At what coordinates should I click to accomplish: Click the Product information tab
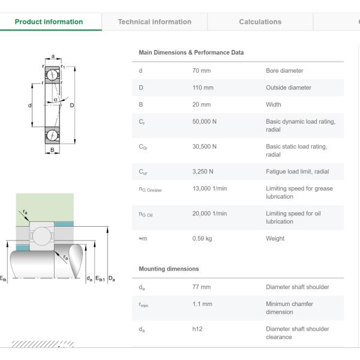click(49, 22)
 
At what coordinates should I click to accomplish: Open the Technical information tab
click(154, 22)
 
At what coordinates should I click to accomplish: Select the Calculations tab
click(260, 22)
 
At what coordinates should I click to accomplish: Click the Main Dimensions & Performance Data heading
click(191, 53)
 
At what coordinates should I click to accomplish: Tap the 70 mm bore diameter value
click(201, 71)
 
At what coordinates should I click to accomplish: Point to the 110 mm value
click(203, 88)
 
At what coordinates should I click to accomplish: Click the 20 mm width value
click(201, 104)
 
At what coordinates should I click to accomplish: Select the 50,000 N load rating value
click(205, 121)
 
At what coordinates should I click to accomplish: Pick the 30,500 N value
click(205, 146)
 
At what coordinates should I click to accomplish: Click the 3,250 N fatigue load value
click(203, 172)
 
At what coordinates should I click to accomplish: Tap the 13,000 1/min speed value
click(209, 188)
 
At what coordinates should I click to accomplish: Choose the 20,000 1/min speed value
click(209, 214)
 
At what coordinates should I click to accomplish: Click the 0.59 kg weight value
click(202, 239)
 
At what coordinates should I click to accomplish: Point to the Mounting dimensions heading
click(169, 269)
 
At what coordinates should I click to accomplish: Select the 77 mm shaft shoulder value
click(201, 287)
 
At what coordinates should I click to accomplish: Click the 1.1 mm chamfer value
click(202, 304)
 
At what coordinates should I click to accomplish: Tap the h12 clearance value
click(197, 329)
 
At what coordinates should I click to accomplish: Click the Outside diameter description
click(289, 88)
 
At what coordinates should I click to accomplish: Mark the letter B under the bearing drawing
click(52, 150)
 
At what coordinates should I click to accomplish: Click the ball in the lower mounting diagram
click(44, 235)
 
